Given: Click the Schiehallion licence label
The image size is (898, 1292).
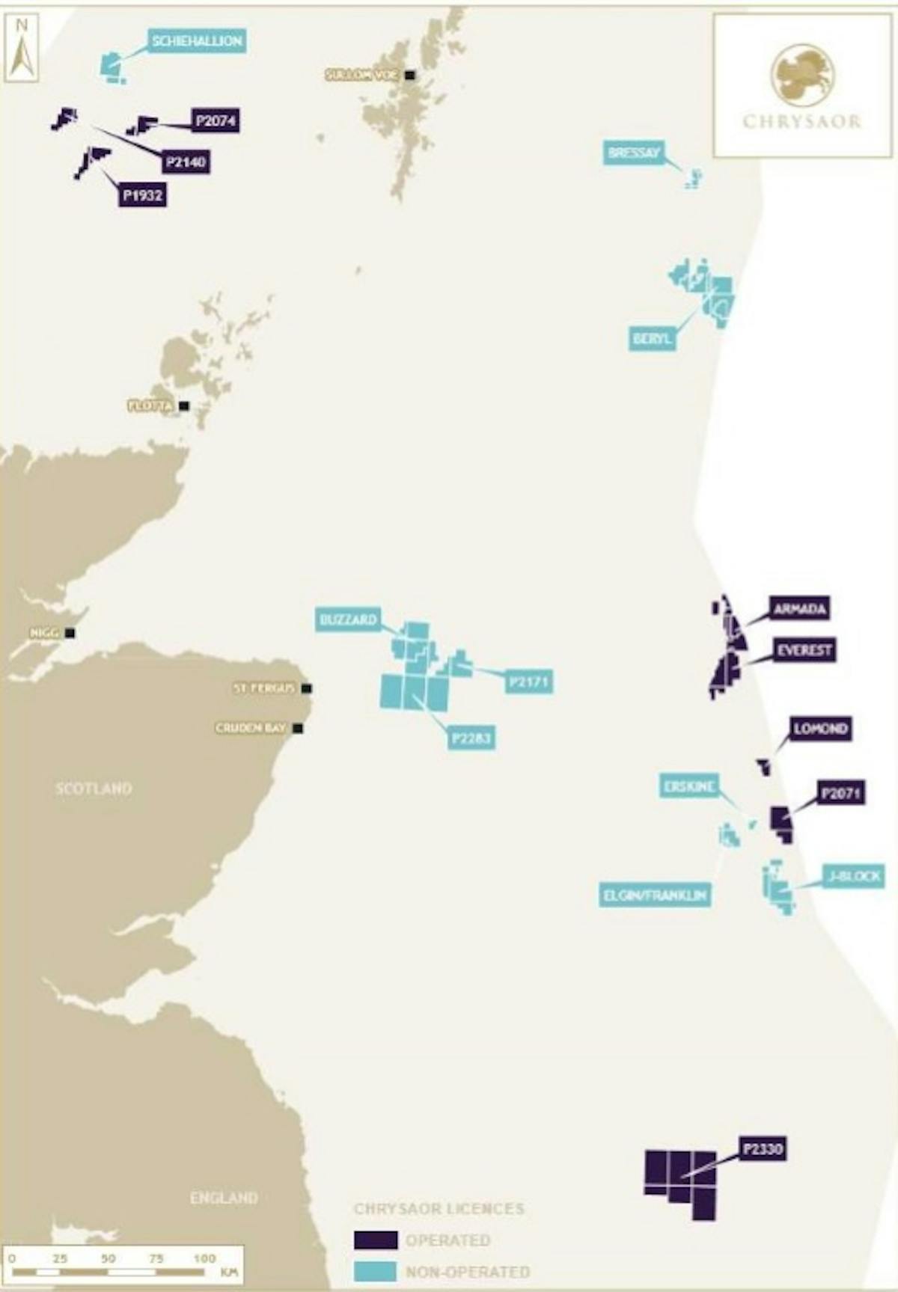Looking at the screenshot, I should click(197, 41).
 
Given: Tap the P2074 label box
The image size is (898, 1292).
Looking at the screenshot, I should click(216, 120).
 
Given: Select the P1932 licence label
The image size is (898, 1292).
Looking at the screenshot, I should click(142, 196).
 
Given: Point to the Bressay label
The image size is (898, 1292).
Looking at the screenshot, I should click(634, 153).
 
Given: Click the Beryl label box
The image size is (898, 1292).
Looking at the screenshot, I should click(652, 339).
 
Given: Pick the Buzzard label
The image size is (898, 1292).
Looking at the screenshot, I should click(348, 619).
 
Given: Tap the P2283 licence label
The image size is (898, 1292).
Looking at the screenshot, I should click(471, 739).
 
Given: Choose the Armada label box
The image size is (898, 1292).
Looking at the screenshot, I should click(800, 609).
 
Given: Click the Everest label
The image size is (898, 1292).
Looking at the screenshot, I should click(804, 650).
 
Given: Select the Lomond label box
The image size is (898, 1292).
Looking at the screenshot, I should click(820, 729).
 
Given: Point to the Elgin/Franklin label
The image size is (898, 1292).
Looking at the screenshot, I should click(655, 895).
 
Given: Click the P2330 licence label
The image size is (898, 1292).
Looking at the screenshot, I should click(763, 1148).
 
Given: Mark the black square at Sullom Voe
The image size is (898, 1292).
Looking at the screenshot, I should click(409, 75).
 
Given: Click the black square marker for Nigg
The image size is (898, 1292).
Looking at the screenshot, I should click(70, 633).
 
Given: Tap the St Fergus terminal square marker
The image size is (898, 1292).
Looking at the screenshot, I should click(307, 688).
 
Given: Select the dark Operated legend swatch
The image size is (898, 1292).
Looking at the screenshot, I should click(376, 1240).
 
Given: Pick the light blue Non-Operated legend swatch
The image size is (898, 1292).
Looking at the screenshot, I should click(376, 1271).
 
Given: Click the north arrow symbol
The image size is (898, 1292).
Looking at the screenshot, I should click(22, 49).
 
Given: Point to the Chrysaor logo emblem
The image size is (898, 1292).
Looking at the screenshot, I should click(801, 74).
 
